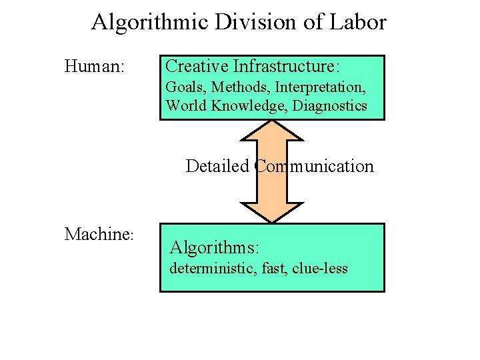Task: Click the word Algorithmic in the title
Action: click(150, 22)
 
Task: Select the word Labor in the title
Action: click(358, 22)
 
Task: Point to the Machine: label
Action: click(100, 234)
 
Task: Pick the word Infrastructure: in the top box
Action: click(287, 66)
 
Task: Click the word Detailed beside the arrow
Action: click(218, 166)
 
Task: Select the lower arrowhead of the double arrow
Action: click(272, 211)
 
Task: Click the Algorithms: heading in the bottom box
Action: click(214, 247)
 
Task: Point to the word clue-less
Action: click(320, 269)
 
